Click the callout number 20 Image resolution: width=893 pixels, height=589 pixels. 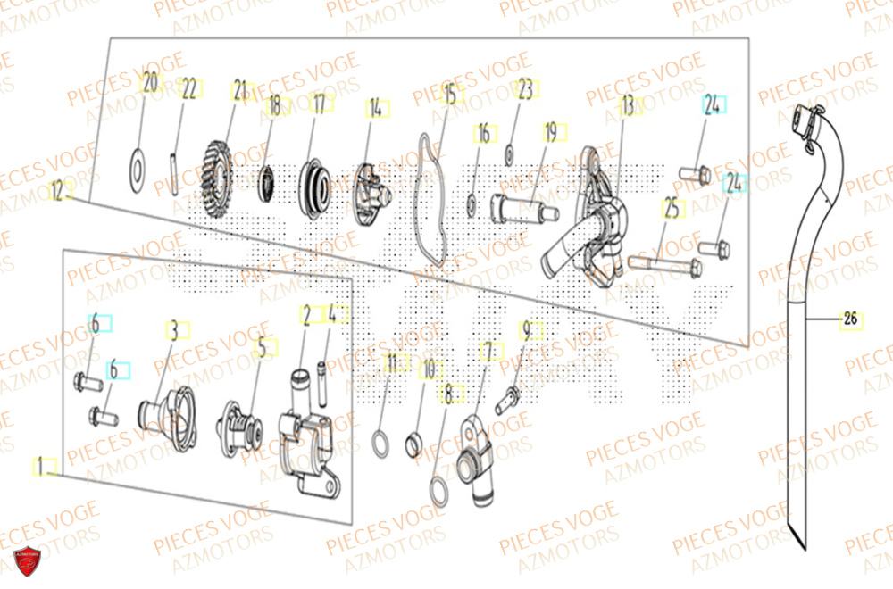click(x=150, y=84)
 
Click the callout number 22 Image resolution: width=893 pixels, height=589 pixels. click(x=188, y=88)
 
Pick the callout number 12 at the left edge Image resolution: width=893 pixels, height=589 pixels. click(x=58, y=190)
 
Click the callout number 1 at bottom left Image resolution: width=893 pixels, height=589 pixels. click(x=39, y=465)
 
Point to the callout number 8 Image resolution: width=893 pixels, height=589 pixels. click(x=447, y=390)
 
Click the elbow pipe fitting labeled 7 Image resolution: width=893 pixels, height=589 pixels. click(x=473, y=446)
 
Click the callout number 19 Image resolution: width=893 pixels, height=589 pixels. click(x=550, y=132)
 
